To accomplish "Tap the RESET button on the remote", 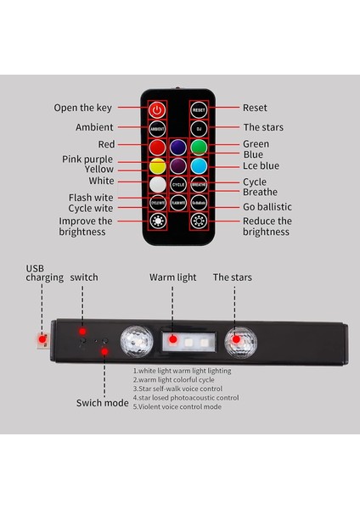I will click(200, 109).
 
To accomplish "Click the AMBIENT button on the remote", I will click(156, 128).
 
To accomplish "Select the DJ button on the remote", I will click(200, 128).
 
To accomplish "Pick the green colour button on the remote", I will click(200, 146).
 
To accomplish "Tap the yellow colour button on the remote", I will click(156, 165).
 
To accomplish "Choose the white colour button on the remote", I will click(156, 182).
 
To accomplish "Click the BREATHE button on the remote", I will click(200, 182).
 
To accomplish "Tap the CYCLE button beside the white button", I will click(178, 182).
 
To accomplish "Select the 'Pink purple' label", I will click(87, 159).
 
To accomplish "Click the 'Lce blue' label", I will click(262, 167).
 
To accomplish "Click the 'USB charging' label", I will click(44, 272).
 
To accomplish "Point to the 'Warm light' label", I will click(172, 277).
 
